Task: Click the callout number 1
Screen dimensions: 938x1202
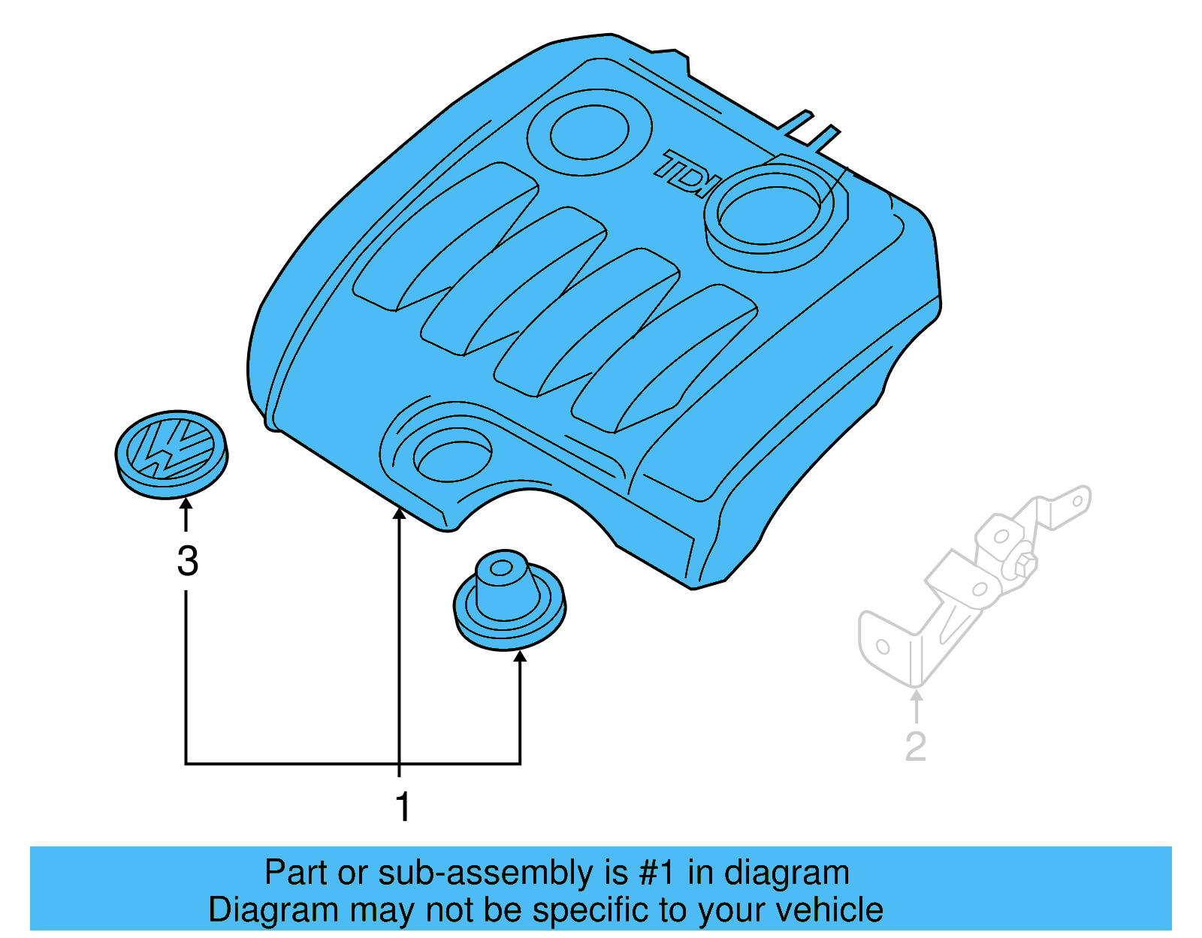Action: (403, 807)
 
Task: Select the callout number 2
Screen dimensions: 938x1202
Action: (915, 746)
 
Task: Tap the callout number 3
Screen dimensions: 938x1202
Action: (188, 562)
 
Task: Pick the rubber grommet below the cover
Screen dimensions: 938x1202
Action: (509, 600)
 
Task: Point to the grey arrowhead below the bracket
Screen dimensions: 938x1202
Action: (916, 695)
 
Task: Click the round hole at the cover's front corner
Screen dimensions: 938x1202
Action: (452, 454)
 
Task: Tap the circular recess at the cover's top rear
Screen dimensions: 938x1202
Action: (589, 132)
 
